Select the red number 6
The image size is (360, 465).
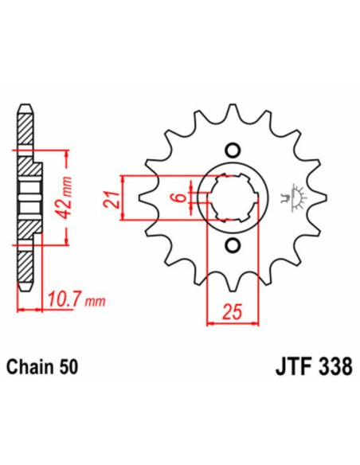pos(181,196)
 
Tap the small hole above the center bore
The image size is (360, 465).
pos(233,149)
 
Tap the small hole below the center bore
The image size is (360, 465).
pos(233,244)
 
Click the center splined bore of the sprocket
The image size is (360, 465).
pos(233,197)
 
